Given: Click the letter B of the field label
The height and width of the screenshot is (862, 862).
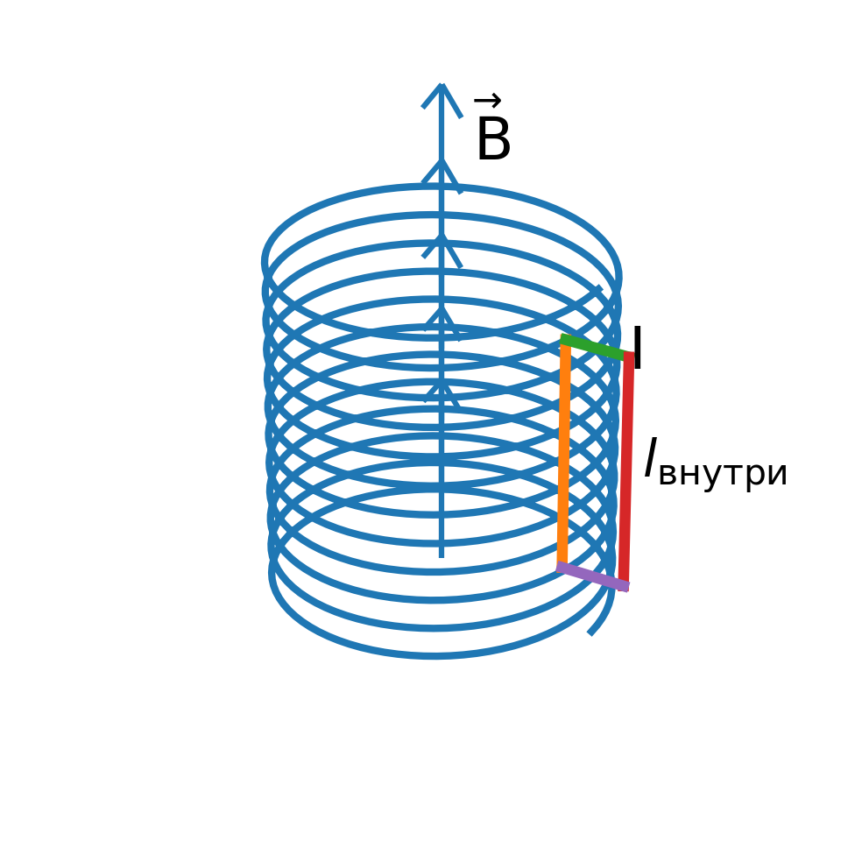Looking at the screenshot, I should point(492,140).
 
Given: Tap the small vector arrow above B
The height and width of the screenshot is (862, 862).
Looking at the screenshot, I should point(487,100).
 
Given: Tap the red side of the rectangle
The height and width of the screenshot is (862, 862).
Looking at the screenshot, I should point(626,470).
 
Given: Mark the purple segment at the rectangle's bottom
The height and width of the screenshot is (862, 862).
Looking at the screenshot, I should point(592,576).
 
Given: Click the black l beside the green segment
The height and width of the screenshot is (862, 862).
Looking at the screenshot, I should point(637,349).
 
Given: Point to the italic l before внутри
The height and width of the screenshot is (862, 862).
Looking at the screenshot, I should point(650,459).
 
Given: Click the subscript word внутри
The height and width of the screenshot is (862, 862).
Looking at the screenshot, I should point(722,474).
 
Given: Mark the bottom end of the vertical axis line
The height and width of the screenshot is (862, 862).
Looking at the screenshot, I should point(442,555).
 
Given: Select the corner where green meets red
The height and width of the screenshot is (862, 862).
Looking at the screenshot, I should point(629,356).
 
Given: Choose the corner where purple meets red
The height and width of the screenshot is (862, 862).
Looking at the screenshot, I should point(624,585).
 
